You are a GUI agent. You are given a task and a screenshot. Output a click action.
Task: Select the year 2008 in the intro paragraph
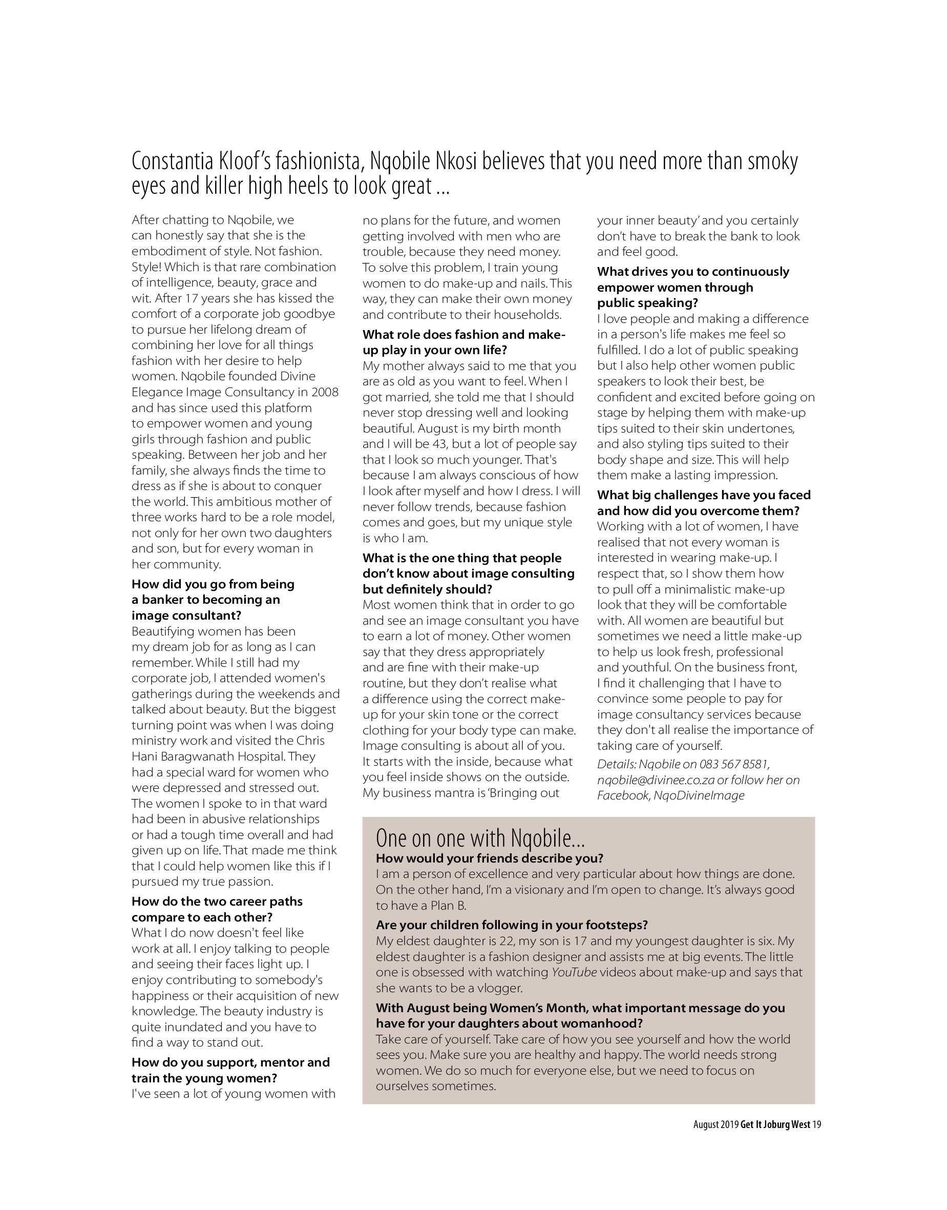pyautogui.click(x=325, y=392)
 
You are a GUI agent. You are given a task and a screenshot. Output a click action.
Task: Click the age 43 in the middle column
pyautogui.click(x=439, y=444)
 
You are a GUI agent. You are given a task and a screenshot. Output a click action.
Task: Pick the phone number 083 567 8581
pyautogui.click(x=733, y=765)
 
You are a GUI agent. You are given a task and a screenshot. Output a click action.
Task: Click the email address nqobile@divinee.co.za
pyautogui.click(x=656, y=780)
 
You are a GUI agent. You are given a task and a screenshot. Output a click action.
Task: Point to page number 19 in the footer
pyautogui.click(x=816, y=1124)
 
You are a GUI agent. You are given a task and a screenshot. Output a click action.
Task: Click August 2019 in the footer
pyautogui.click(x=715, y=1124)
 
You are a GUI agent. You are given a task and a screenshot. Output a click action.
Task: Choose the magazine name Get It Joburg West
pyautogui.click(x=775, y=1124)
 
